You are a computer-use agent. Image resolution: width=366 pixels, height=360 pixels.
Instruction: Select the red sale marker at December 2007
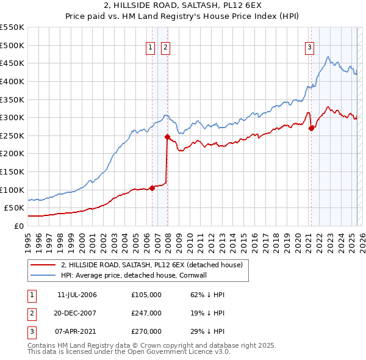(167, 137)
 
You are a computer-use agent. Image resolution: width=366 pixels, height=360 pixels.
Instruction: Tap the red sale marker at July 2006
(152, 188)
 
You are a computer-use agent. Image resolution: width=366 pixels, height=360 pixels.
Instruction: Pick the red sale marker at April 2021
(311, 128)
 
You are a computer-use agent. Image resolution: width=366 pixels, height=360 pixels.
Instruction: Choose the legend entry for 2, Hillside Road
(151, 265)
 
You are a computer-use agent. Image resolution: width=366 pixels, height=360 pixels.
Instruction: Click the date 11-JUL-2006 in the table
(77, 295)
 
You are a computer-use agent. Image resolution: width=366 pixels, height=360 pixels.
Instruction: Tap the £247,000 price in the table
(146, 313)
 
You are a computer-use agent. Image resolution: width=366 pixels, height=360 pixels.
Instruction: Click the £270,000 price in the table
(146, 331)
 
